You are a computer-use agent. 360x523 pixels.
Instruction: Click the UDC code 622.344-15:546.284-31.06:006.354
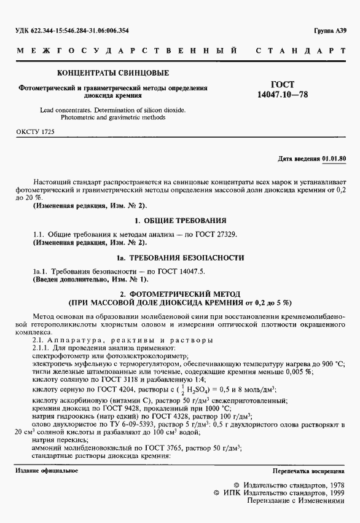[71, 30]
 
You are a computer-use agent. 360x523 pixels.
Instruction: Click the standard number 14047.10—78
[282, 95]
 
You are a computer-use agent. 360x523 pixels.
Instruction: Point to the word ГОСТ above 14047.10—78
[283, 85]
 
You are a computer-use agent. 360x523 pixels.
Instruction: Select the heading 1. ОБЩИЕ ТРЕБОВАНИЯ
[179, 220]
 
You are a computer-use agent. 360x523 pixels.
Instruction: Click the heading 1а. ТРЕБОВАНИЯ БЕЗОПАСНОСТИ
[180, 257]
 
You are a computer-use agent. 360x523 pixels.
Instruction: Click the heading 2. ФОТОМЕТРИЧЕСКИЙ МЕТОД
[179, 294]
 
